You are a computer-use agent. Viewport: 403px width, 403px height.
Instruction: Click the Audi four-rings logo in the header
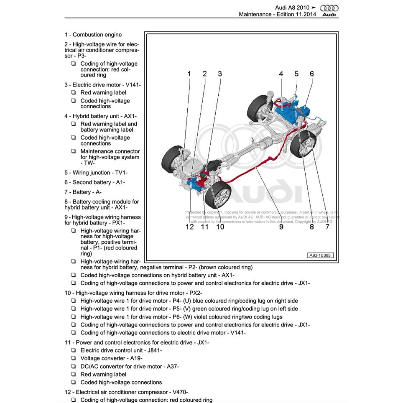pyautogui.click(x=329, y=8)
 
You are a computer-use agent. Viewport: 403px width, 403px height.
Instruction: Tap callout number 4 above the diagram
pyautogui.click(x=281, y=74)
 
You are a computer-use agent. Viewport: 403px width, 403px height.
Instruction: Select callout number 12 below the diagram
pyautogui.click(x=190, y=227)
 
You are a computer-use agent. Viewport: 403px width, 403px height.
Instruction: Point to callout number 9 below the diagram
pyautogui.click(x=281, y=227)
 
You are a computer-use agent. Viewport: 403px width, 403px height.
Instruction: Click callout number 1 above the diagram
pyautogui.click(x=189, y=74)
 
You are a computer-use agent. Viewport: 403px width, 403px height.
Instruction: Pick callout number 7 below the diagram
pyautogui.click(x=327, y=227)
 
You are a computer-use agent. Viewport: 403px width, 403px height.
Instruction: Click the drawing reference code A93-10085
pyautogui.click(x=321, y=255)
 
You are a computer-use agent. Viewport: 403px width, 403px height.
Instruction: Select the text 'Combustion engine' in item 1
pyautogui.click(x=97, y=35)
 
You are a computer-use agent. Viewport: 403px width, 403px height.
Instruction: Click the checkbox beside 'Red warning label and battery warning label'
pyautogui.click(x=73, y=124)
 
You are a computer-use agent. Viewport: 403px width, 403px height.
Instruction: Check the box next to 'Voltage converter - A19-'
pyautogui.click(x=73, y=358)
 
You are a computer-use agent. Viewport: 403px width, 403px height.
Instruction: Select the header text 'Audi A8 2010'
pyautogui.click(x=292, y=8)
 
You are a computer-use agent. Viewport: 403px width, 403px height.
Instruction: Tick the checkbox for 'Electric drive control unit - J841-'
pyautogui.click(x=73, y=350)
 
